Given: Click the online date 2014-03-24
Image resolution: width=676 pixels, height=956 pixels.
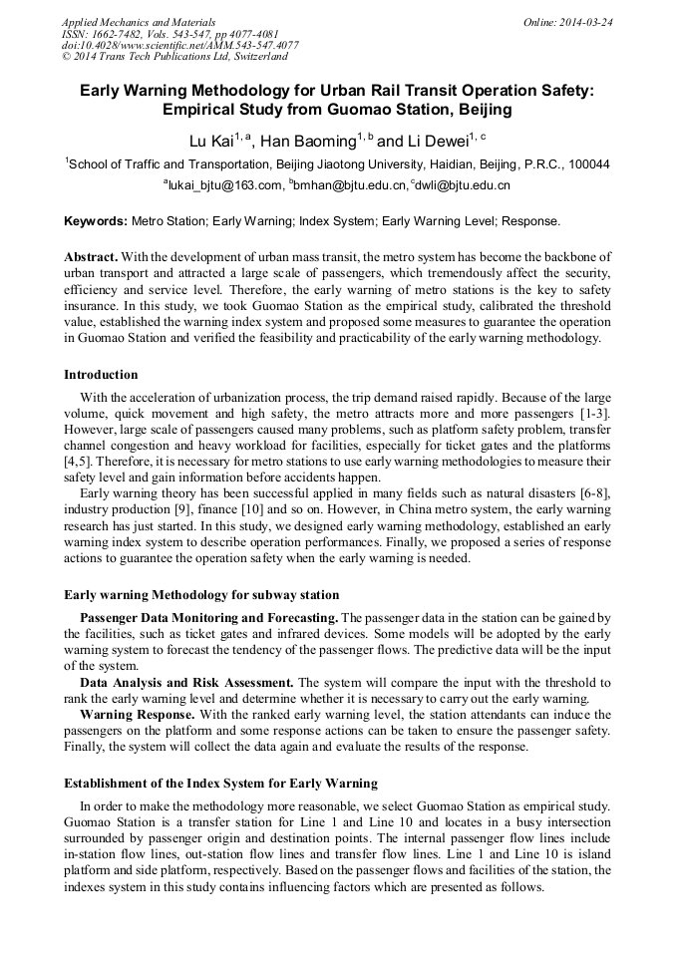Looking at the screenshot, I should [x=586, y=22].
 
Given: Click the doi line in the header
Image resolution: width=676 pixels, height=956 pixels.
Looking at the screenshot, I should [x=179, y=46].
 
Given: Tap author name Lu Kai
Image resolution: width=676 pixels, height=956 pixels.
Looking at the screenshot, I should [x=211, y=142].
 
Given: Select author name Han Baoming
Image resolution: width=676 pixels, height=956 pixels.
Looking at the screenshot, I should [x=308, y=142].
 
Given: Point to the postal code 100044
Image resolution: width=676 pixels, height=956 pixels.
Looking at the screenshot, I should [x=589, y=164].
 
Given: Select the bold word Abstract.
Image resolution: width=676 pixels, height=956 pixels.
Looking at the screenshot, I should [x=92, y=256].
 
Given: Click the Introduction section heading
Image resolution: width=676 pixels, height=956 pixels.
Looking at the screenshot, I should [x=101, y=375].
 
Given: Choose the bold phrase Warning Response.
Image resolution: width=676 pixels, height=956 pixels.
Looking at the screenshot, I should [x=137, y=715].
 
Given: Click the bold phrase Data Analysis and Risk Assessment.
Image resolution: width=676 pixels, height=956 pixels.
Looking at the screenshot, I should [x=186, y=682].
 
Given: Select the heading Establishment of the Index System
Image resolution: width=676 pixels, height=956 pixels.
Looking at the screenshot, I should [x=220, y=783].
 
